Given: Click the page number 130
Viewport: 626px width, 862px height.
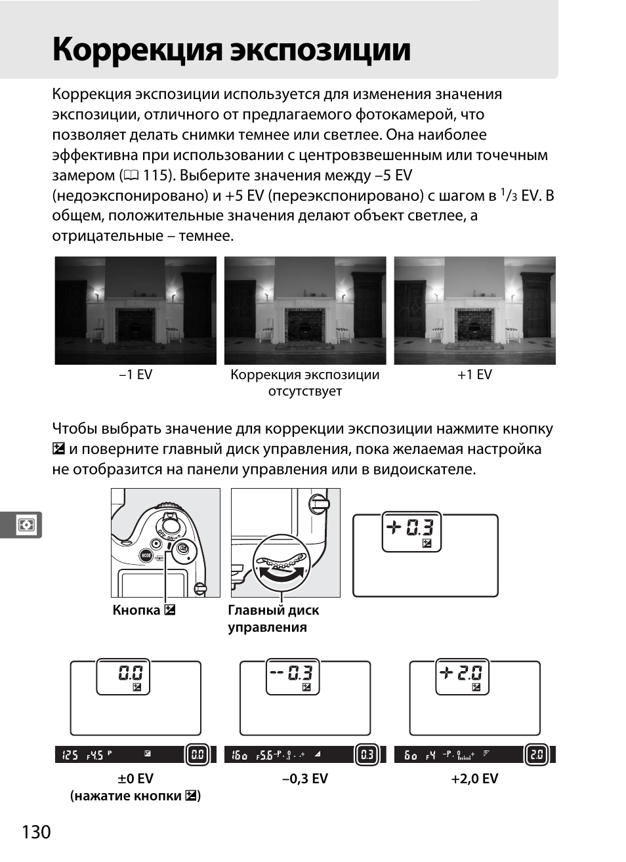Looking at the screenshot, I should [36, 832].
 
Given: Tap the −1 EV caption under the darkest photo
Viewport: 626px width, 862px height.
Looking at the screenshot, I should [136, 375].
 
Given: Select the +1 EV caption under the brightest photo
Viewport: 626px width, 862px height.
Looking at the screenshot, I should [474, 375].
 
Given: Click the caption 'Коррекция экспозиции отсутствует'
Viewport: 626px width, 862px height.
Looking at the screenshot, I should [304, 382].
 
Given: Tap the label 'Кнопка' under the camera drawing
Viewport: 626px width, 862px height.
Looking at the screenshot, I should [136, 610].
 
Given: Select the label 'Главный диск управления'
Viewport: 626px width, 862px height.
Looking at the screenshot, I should [273, 619].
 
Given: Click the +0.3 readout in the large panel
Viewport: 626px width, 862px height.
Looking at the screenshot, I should [411, 527].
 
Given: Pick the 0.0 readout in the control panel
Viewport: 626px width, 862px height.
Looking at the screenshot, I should [130, 673].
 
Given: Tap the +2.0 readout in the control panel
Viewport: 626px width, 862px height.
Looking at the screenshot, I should [461, 673].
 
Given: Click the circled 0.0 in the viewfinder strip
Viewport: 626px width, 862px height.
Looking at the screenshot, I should [197, 755].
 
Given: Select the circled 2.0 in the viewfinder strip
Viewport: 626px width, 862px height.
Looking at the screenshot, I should [536, 755].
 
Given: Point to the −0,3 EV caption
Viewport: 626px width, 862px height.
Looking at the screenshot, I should [304, 779].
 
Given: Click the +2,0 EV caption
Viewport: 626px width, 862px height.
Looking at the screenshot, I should [474, 779].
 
